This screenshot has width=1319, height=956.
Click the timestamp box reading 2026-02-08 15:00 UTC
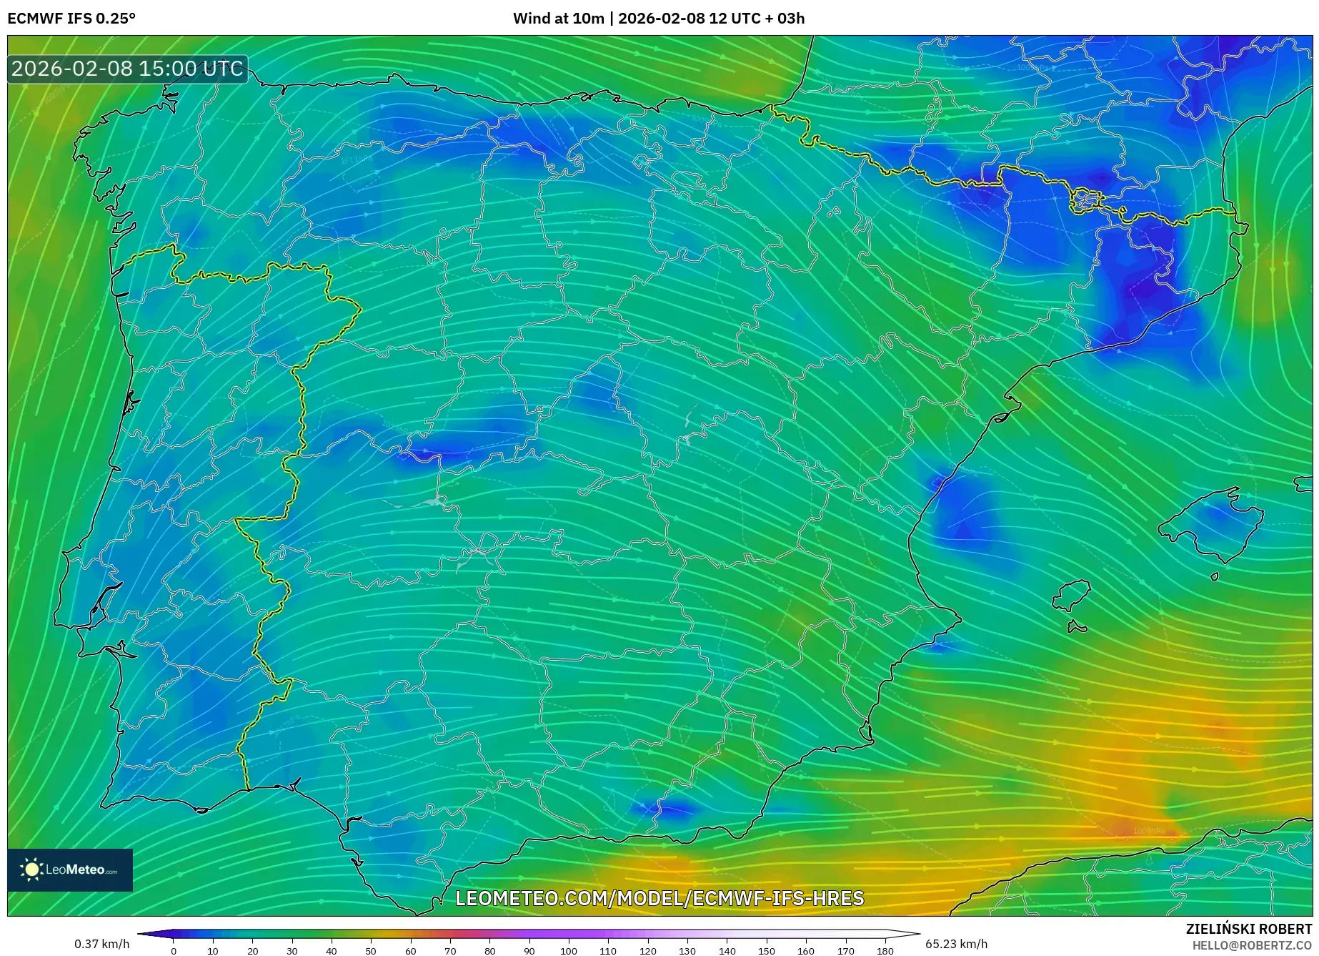click(x=127, y=69)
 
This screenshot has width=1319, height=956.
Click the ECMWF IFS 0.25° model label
click(x=71, y=19)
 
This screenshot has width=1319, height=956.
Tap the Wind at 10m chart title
click(x=658, y=19)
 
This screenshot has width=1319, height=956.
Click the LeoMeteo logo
click(x=70, y=869)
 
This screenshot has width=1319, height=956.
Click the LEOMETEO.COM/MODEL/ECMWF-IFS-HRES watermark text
click(x=659, y=898)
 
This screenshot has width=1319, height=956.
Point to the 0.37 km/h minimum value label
click(x=102, y=944)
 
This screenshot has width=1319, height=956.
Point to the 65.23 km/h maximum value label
click(x=956, y=944)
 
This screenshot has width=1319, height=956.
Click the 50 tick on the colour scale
click(x=370, y=950)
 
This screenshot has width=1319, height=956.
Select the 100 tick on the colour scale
click(x=568, y=950)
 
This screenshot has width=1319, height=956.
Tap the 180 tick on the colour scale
click(x=885, y=950)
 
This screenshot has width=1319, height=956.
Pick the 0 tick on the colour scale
click(x=173, y=950)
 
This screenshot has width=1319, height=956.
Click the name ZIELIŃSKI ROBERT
click(x=1248, y=930)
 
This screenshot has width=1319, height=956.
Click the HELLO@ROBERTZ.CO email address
click(x=1252, y=945)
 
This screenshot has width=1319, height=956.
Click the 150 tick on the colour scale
click(x=766, y=950)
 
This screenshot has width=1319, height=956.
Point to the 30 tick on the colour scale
click(x=292, y=950)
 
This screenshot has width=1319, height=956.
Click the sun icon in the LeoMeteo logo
click(x=31, y=869)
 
